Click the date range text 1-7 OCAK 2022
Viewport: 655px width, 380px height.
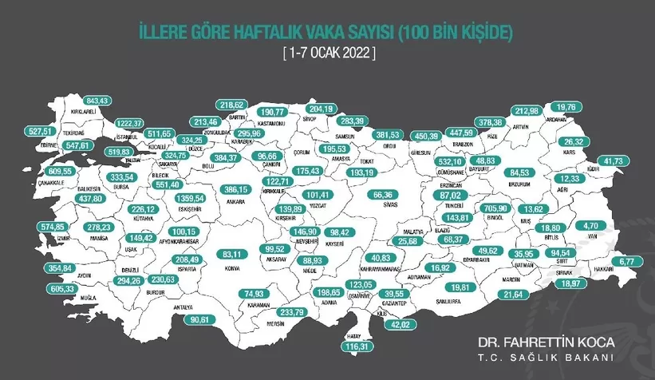pos(327,53)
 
